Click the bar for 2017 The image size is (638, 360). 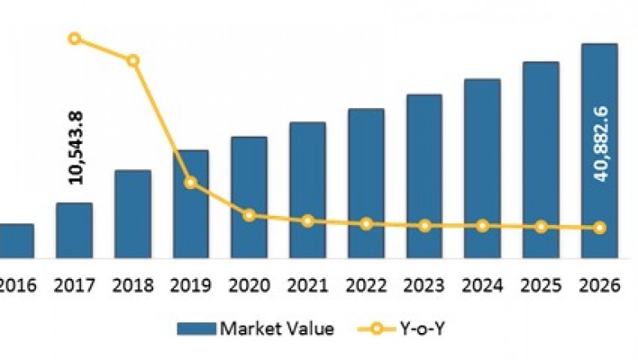click(x=74, y=232)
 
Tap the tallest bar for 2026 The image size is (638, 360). click(x=599, y=151)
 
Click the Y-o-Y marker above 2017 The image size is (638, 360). click(x=74, y=38)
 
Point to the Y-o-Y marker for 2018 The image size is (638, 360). click(x=133, y=61)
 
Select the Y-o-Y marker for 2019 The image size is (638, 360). click(x=190, y=182)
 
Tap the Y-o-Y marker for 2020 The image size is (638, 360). click(x=249, y=215)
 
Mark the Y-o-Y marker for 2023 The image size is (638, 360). click(x=424, y=225)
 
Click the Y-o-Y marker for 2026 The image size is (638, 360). click(x=600, y=227)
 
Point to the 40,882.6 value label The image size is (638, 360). click(x=602, y=144)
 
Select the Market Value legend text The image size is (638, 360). click(x=275, y=329)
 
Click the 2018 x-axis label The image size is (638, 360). click(x=132, y=285)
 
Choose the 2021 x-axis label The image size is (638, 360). click(x=307, y=285)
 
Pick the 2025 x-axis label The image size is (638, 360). click(x=540, y=285)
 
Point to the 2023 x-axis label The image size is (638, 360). click(x=424, y=285)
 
